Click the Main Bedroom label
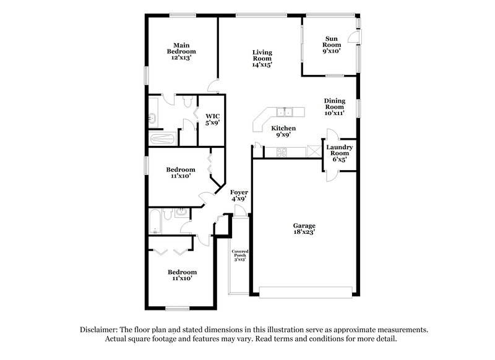pos(181,51)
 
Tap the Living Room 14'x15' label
pos(262,58)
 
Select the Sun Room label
pos(332,45)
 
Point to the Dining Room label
pos(334,106)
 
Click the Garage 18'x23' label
pos(304,229)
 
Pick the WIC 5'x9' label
pos(213,119)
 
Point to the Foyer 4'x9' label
pos(239,195)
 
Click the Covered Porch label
pos(240,255)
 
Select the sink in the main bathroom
pos(153,118)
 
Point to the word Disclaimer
pos(98,330)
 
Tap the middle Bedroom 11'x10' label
pos(181,173)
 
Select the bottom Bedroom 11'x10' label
pos(182,275)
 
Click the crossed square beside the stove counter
pos(316,150)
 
